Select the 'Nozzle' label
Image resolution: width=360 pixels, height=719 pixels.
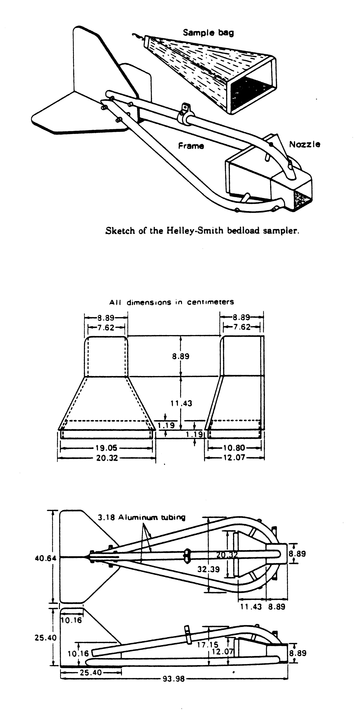point(304,144)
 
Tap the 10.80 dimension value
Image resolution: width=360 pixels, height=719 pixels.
point(234,448)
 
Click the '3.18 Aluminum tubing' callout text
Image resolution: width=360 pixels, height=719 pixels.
point(141,517)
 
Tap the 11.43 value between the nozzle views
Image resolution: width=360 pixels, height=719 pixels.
point(181,403)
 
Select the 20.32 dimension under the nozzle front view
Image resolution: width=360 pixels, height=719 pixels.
point(107,458)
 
